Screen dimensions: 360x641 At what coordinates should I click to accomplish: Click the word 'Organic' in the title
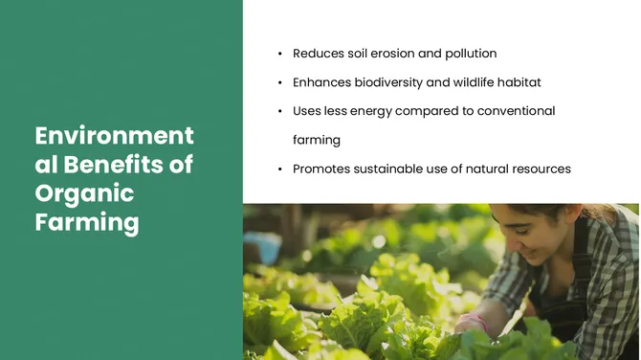point(84,193)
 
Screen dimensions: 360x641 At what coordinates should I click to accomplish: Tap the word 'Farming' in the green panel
point(87,223)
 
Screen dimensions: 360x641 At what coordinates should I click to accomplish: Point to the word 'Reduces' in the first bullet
point(319,54)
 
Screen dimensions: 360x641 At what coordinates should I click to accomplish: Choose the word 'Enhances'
point(322,82)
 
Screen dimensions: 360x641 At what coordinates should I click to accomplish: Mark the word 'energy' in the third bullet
point(387,111)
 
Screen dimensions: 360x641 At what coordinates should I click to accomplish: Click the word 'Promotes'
point(322,169)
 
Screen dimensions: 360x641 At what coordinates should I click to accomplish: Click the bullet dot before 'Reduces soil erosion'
point(278,55)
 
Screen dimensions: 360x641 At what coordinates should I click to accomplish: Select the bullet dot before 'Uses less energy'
point(278,112)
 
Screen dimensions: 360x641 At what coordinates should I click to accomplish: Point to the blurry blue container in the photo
point(260,248)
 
